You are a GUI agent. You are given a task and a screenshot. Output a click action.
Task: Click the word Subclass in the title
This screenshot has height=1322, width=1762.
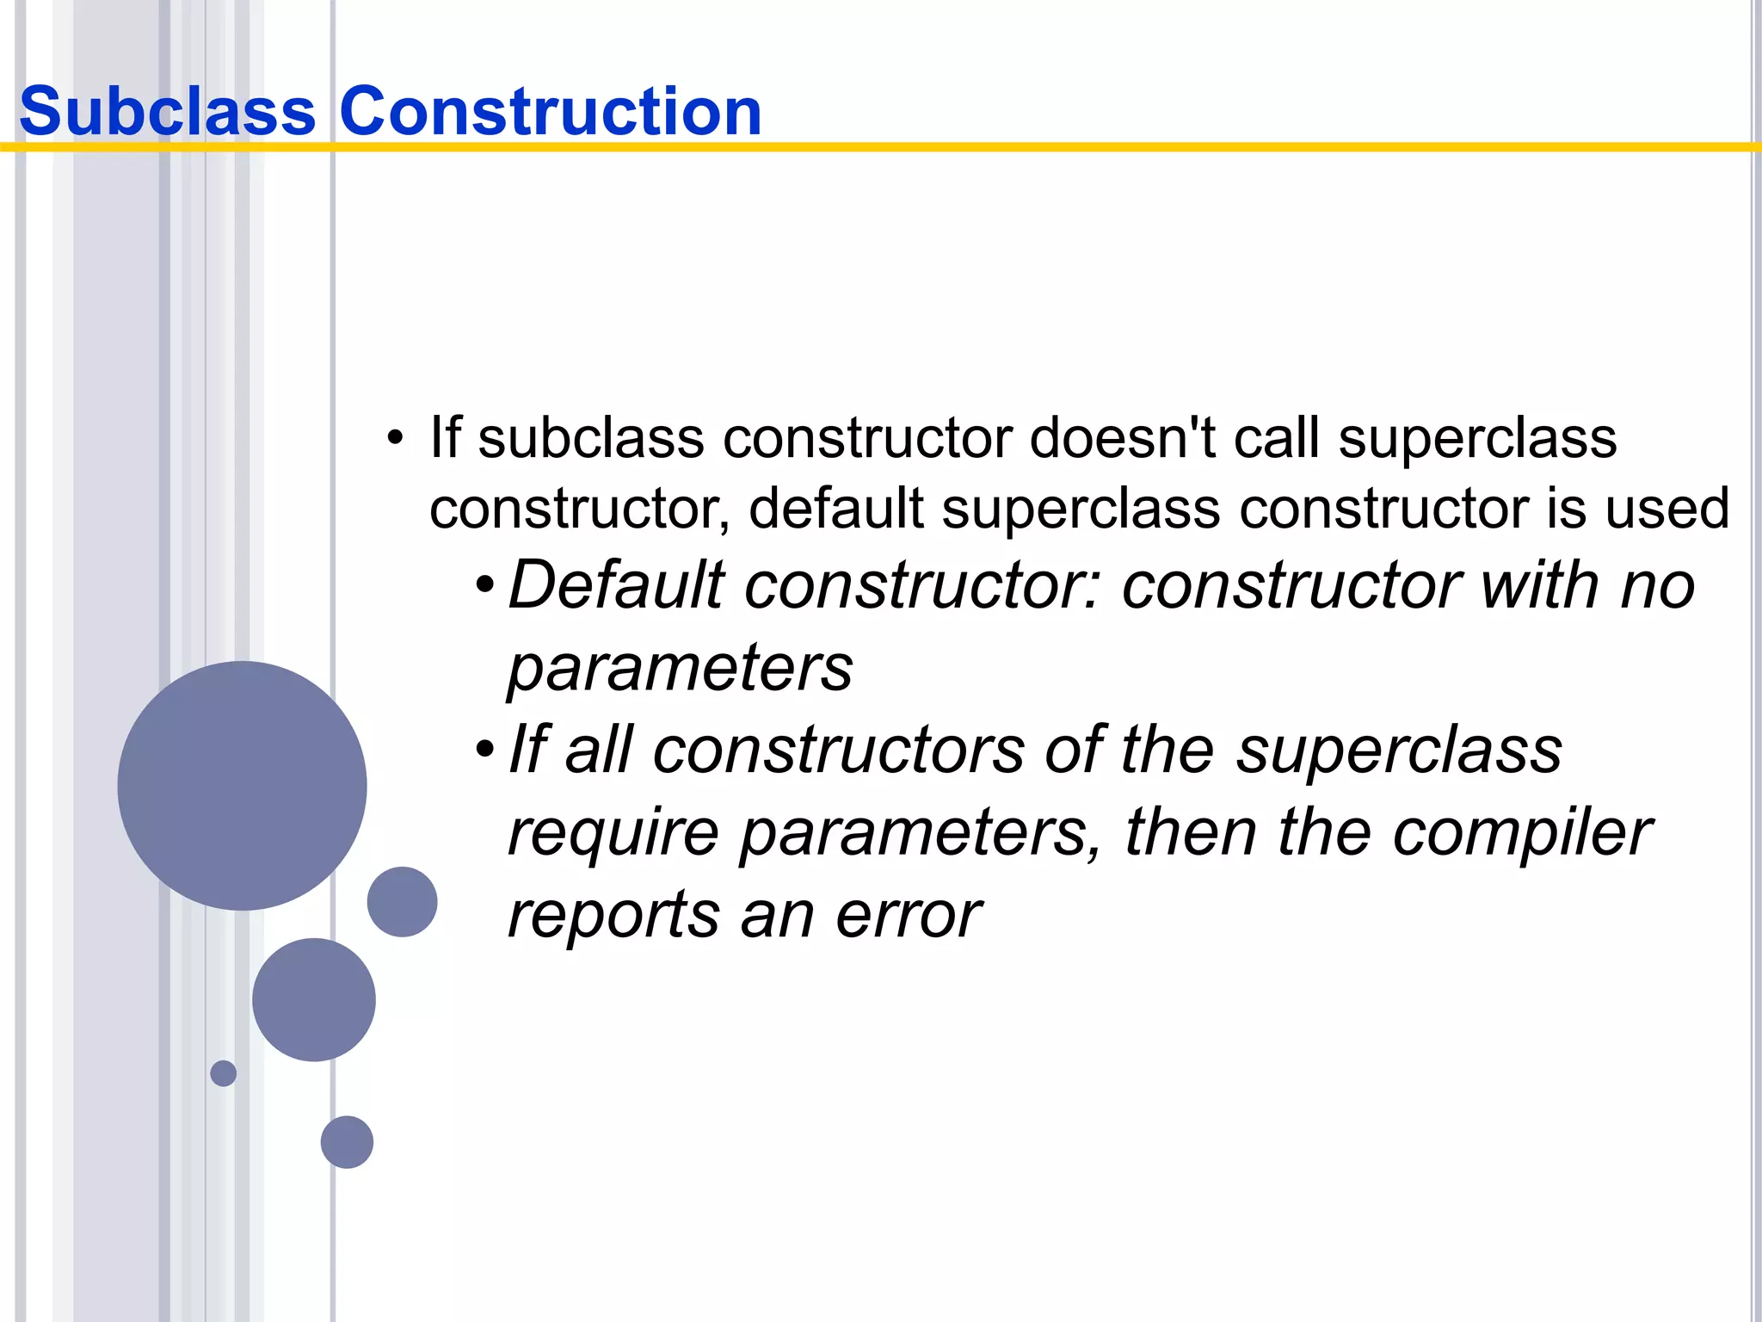168,112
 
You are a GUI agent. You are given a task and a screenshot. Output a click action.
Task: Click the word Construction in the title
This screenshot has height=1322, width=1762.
551,112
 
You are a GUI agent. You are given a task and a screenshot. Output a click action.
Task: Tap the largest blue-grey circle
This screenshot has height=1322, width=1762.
242,786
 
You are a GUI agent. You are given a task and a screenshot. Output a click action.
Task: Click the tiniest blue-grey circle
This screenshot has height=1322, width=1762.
224,1073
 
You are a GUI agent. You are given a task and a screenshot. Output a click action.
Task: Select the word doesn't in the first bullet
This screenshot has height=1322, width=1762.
1122,438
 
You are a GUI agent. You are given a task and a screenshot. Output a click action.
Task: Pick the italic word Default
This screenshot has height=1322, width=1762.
616,586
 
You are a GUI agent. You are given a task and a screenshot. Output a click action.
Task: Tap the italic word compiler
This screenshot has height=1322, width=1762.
1521,833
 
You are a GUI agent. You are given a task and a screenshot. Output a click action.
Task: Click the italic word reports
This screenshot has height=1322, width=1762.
613,916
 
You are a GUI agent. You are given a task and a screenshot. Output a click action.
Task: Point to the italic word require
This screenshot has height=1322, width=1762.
613,833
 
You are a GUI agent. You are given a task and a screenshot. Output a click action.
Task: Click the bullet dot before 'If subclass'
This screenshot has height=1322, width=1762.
395,438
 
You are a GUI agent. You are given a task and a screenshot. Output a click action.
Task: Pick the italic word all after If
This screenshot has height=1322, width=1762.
599,751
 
